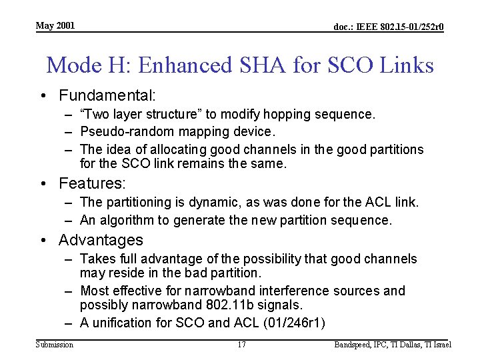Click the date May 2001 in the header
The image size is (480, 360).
55,26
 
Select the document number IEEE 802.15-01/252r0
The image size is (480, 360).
389,27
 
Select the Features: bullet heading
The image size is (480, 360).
93,183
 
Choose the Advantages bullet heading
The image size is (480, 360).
101,240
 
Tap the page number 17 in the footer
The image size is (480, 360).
242,345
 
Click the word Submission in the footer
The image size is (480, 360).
55,345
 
